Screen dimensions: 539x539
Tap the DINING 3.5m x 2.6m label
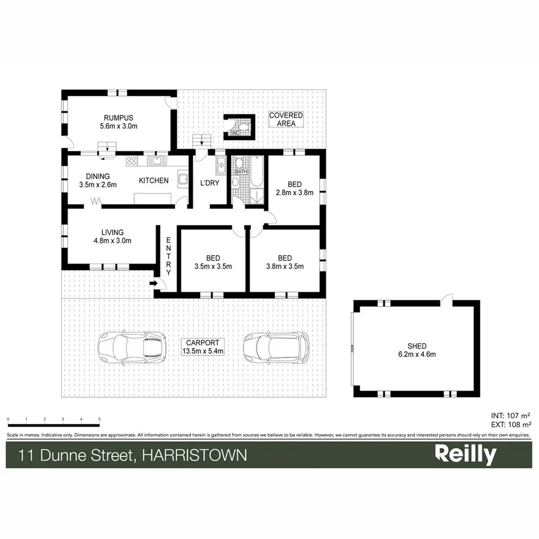point(98,180)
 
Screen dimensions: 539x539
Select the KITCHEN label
point(153,180)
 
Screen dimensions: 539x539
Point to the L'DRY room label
point(210,182)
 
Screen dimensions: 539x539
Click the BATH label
point(241,172)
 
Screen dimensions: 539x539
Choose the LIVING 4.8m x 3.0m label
point(113,236)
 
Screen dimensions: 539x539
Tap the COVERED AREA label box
point(286,119)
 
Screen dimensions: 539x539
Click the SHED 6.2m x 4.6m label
point(417,350)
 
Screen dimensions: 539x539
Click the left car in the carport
point(132,347)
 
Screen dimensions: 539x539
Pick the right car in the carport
point(275,347)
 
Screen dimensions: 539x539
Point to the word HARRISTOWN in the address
point(194,455)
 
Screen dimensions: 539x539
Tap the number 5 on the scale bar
point(99,419)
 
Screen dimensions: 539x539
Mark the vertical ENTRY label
point(169,256)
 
